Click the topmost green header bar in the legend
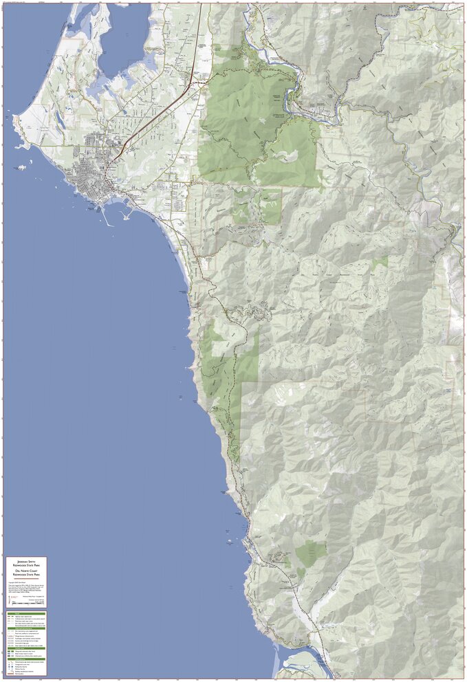26,613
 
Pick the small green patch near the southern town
312,551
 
